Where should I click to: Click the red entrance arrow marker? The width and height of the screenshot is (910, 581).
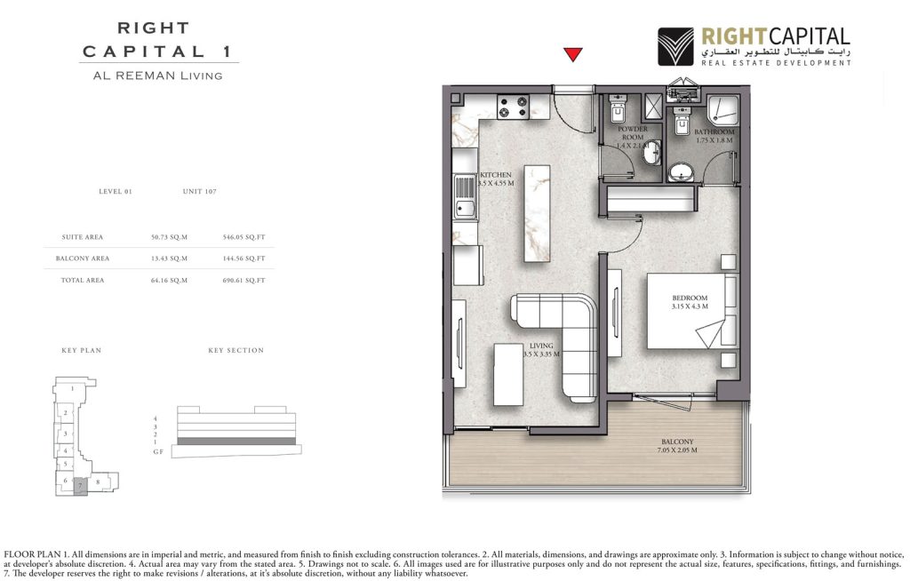pos(573,55)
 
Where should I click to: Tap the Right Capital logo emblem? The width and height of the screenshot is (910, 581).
pos(676,46)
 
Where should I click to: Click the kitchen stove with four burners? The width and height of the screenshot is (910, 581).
pos(513,107)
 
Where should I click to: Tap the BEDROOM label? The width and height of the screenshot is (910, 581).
pos(690,298)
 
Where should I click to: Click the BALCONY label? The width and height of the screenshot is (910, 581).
pos(677,442)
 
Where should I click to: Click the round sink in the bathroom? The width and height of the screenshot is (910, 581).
pos(682,171)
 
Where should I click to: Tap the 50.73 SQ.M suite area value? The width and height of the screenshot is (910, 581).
pos(170,237)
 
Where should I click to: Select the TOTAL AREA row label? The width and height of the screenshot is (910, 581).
pos(83,280)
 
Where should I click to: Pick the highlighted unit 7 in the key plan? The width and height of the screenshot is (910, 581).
pos(80,485)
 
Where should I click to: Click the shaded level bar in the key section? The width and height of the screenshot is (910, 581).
pos(236,441)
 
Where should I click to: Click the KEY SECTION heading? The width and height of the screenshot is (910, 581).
pos(235,350)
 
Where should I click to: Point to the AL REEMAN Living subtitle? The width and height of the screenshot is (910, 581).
pos(157,76)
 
